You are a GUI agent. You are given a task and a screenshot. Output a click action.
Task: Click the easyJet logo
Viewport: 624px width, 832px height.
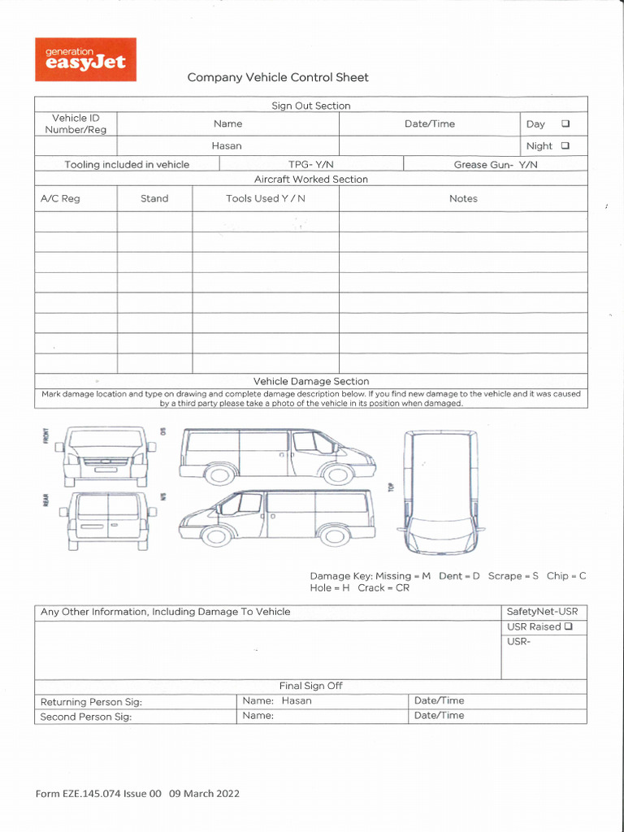[85, 59]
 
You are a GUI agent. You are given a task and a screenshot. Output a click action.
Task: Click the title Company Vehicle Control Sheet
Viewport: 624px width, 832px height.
[278, 78]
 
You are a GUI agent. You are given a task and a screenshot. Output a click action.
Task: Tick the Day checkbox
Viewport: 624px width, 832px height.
[565, 124]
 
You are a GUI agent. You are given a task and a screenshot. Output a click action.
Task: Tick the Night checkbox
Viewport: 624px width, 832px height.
[565, 146]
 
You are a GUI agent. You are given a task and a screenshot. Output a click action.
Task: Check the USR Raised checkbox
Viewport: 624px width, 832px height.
[568, 626]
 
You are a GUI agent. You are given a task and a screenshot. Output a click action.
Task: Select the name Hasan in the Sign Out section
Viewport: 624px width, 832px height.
[227, 146]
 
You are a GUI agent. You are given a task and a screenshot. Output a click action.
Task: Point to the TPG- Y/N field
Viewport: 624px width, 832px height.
[311, 164]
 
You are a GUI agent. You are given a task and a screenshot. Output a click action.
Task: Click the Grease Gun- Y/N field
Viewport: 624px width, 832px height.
[496, 164]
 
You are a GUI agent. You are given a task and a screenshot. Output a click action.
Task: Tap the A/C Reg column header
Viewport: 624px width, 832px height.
[60, 198]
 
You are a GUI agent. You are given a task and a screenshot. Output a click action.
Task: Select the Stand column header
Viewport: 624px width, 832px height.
[154, 198]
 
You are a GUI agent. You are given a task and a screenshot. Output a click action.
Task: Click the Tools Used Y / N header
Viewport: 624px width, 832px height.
[266, 198]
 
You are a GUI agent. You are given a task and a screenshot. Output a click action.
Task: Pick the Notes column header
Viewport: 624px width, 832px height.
[463, 198]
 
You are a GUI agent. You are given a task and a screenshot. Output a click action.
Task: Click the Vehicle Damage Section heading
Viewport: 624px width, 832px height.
[311, 381]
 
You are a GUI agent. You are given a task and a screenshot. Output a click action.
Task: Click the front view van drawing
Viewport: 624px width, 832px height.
[106, 456]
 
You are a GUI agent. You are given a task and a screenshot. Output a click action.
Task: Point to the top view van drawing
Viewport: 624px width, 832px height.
[441, 492]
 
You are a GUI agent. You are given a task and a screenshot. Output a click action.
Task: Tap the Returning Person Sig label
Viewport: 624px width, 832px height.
[91, 702]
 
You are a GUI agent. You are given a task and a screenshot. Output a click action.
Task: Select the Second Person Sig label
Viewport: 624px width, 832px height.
[86, 717]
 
